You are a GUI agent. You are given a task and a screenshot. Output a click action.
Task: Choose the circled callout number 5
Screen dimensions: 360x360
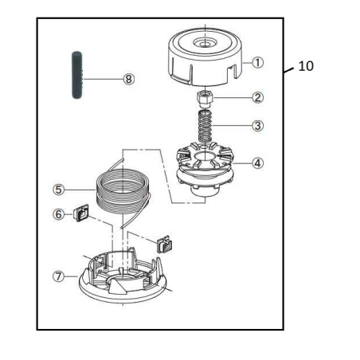(x=58, y=190)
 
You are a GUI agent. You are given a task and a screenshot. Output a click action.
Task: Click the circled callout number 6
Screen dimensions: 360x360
(x=58, y=213)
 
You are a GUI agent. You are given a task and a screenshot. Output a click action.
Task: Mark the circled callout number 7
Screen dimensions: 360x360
(x=58, y=276)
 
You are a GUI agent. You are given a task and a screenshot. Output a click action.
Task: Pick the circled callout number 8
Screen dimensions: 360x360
(x=128, y=79)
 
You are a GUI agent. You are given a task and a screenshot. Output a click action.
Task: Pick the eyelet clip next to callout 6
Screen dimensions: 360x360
(x=81, y=213)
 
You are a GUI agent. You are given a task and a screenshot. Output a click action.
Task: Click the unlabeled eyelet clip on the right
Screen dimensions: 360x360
(x=164, y=243)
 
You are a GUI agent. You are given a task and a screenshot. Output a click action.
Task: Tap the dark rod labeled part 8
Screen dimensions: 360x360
(x=77, y=76)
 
